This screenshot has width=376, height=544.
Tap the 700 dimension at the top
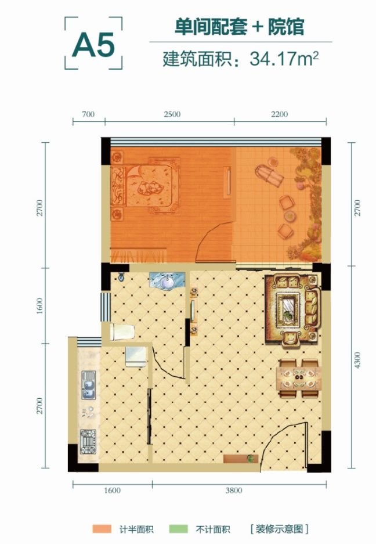tap(88, 114)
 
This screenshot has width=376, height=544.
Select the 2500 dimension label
tap(172, 114)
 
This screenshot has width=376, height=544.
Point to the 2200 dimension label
tap(279, 114)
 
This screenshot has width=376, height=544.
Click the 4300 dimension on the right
tap(357, 360)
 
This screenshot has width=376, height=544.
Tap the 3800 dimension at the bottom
tap(234, 490)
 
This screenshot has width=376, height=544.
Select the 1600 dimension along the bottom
tap(113, 490)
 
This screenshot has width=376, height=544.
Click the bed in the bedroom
tap(145, 186)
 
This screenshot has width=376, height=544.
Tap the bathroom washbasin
tap(168, 280)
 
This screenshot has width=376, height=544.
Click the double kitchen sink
tap(88, 385)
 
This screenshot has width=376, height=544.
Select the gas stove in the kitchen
tap(88, 442)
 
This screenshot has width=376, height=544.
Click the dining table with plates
tap(299, 379)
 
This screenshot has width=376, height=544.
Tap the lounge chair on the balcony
tap(269, 175)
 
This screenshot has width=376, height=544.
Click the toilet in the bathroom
tap(122, 332)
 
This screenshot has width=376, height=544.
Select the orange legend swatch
tap(102, 529)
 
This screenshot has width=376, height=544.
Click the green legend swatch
tap(178, 529)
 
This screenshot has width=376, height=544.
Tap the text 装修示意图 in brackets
tap(280, 529)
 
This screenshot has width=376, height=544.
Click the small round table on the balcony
tap(290, 216)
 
